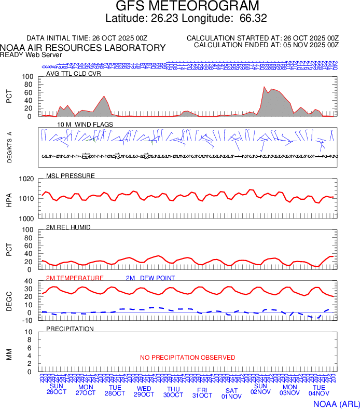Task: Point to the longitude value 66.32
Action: pyautogui.click(x=253, y=19)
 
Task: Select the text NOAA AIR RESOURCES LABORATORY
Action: pyautogui.click(x=83, y=48)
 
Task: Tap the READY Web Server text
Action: pyautogui.click(x=31, y=54)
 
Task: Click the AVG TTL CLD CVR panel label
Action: pyautogui.click(x=74, y=74)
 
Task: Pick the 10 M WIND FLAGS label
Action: pyautogui.click(x=78, y=125)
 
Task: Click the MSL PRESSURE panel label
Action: pyautogui.click(x=71, y=176)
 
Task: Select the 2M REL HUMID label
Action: pyautogui.click(x=68, y=227)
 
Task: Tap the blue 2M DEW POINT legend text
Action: pyautogui.click(x=150, y=278)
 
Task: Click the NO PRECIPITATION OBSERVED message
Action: pyautogui.click(x=187, y=358)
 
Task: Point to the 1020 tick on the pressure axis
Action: pyautogui.click(x=26, y=179)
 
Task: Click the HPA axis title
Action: pyautogui.click(x=9, y=199)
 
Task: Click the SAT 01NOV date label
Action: pyautogui.click(x=231, y=393)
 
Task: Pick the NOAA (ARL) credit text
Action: pyautogui.click(x=337, y=403)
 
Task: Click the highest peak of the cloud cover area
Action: pyautogui.click(x=264, y=87)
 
